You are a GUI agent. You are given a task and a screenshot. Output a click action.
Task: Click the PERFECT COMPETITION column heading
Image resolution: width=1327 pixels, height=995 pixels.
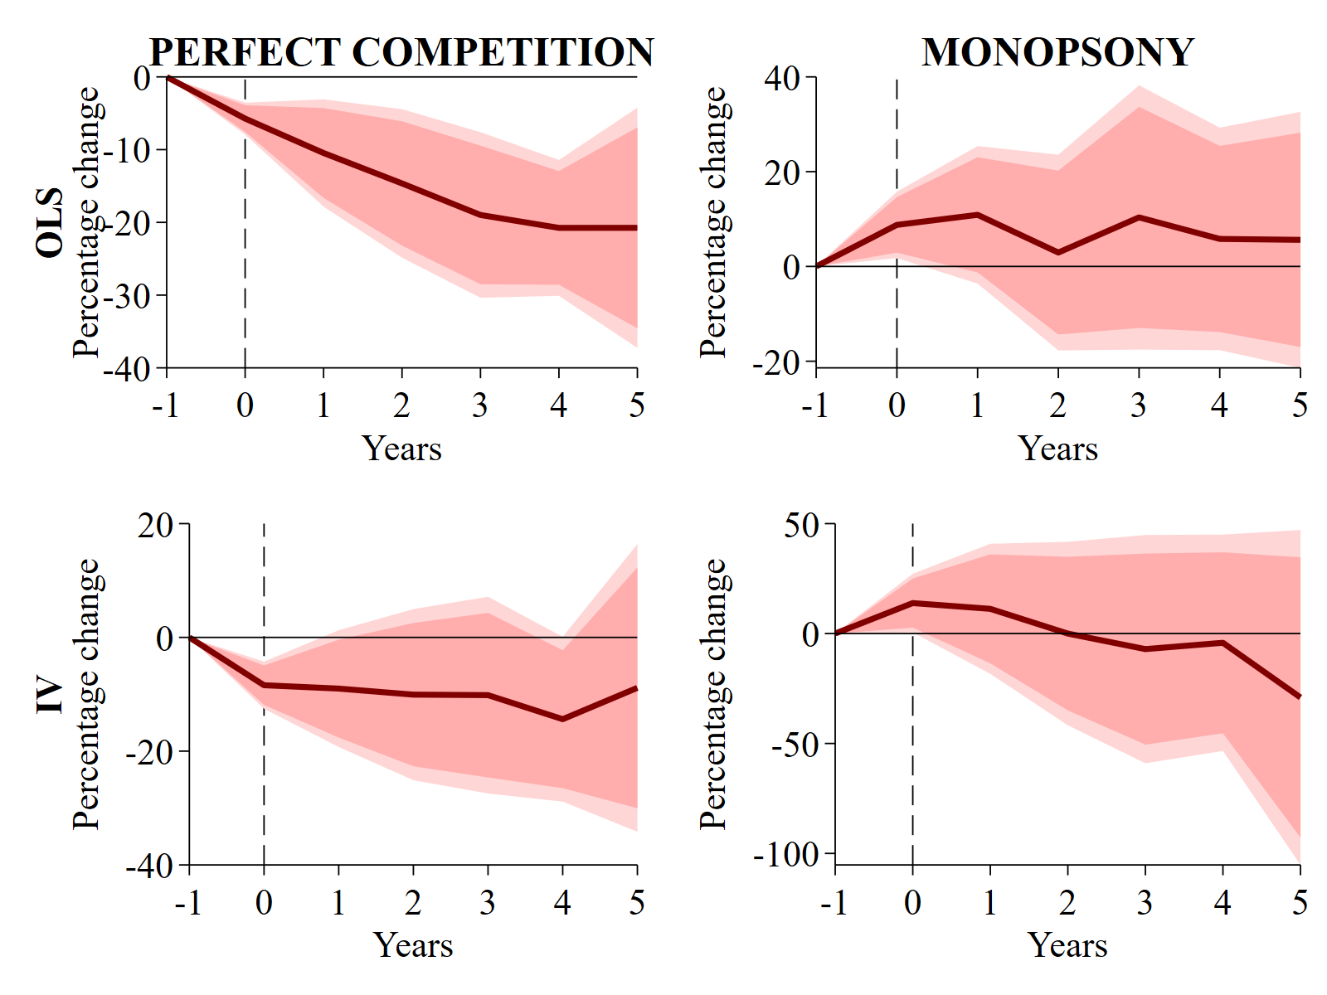click(x=401, y=52)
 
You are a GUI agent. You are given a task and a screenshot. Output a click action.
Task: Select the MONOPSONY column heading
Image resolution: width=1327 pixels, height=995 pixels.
click(x=1057, y=52)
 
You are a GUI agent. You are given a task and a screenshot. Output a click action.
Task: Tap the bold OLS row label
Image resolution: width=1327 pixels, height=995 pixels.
click(x=51, y=222)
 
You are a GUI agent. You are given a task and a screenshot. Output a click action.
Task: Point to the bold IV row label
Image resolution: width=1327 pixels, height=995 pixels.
click(x=51, y=695)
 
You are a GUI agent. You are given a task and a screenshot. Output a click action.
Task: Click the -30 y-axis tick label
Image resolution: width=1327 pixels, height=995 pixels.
click(x=129, y=296)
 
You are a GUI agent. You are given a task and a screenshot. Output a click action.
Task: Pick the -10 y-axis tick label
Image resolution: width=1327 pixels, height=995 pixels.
click(x=129, y=151)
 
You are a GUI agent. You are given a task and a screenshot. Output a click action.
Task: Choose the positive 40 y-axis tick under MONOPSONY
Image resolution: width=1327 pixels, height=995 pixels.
click(x=782, y=79)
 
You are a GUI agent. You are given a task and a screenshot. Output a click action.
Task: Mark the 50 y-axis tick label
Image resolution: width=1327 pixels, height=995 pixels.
click(x=801, y=525)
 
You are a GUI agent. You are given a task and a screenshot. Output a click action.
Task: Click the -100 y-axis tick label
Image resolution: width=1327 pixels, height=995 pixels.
click(x=786, y=854)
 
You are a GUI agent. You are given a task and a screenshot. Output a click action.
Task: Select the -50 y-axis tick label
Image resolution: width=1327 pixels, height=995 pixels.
click(x=795, y=745)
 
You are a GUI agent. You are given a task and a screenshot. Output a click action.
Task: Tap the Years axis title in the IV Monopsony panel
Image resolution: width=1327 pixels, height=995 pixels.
click(x=1067, y=945)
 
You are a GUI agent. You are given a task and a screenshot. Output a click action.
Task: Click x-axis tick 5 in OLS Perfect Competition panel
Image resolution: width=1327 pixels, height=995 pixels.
click(x=637, y=405)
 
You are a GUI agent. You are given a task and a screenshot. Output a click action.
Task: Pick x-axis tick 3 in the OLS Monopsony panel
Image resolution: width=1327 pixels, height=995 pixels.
click(x=1139, y=405)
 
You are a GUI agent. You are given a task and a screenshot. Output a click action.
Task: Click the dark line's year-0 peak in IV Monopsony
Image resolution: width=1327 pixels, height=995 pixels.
click(x=912, y=603)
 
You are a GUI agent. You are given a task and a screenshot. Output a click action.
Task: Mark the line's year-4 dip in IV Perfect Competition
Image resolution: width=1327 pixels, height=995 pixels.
click(x=562, y=719)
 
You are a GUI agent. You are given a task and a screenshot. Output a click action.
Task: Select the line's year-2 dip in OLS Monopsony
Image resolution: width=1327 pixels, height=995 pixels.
click(x=1058, y=252)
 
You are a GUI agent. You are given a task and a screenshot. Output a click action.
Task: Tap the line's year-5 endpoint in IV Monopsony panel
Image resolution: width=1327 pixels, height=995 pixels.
click(x=1299, y=696)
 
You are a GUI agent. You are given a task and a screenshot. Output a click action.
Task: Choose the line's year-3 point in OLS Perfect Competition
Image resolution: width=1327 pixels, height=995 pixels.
click(x=480, y=216)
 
